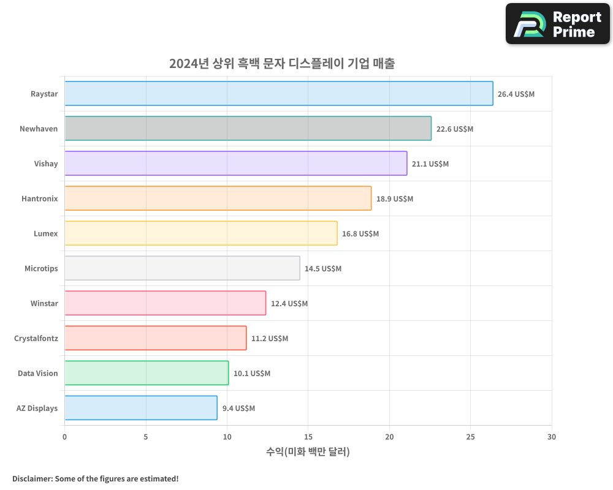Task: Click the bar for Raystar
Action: tap(278, 94)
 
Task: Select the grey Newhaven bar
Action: tap(248, 129)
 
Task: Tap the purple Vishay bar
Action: tap(235, 164)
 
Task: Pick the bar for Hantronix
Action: tap(218, 198)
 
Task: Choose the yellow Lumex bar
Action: tap(200, 233)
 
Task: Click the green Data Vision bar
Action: tap(147, 373)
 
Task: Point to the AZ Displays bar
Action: tap(140, 408)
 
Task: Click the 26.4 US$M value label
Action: tap(516, 94)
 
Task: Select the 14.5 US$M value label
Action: tap(323, 269)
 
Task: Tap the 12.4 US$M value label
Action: tap(289, 304)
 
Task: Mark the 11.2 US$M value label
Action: tap(269, 339)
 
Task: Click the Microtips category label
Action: tap(41, 268)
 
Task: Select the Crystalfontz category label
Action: tap(36, 338)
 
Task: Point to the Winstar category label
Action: tap(44, 303)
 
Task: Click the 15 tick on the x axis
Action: tap(308, 437)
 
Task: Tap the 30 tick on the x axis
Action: tap(551, 437)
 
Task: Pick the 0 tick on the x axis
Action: tap(64, 437)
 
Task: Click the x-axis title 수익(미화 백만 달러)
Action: tap(308, 452)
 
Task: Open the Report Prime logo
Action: tap(557, 24)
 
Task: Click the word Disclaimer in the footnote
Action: tap(32, 478)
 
